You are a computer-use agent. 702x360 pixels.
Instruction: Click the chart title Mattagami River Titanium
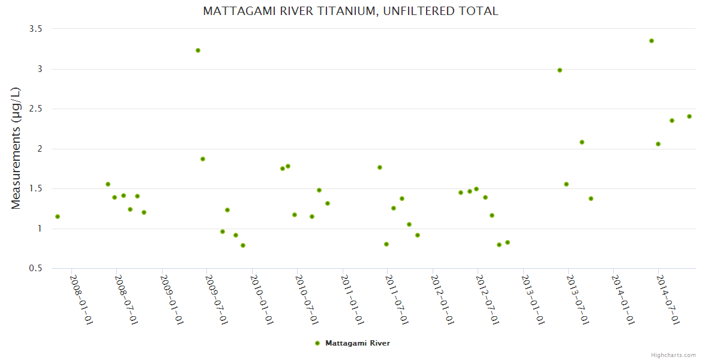(x=350, y=11)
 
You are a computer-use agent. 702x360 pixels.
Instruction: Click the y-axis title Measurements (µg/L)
(x=16, y=148)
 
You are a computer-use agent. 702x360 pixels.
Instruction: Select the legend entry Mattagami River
(x=357, y=343)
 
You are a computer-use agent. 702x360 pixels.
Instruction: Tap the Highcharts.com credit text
(x=673, y=355)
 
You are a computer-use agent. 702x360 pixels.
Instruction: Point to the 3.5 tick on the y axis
(x=36, y=29)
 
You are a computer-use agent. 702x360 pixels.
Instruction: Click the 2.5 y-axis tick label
(x=36, y=109)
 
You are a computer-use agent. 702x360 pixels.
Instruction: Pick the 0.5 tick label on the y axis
(x=36, y=268)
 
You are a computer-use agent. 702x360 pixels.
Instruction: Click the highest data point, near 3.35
(x=651, y=41)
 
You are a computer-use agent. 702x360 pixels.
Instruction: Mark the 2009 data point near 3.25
(x=198, y=50)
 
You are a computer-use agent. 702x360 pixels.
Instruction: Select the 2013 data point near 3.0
(x=560, y=70)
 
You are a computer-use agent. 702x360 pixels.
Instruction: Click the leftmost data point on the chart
(x=58, y=217)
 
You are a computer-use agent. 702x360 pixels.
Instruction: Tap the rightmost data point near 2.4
(x=689, y=116)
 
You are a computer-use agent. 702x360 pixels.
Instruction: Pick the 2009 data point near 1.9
(x=203, y=159)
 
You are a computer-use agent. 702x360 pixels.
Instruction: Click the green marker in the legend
(x=317, y=343)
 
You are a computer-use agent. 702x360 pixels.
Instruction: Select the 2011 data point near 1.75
(x=380, y=167)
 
